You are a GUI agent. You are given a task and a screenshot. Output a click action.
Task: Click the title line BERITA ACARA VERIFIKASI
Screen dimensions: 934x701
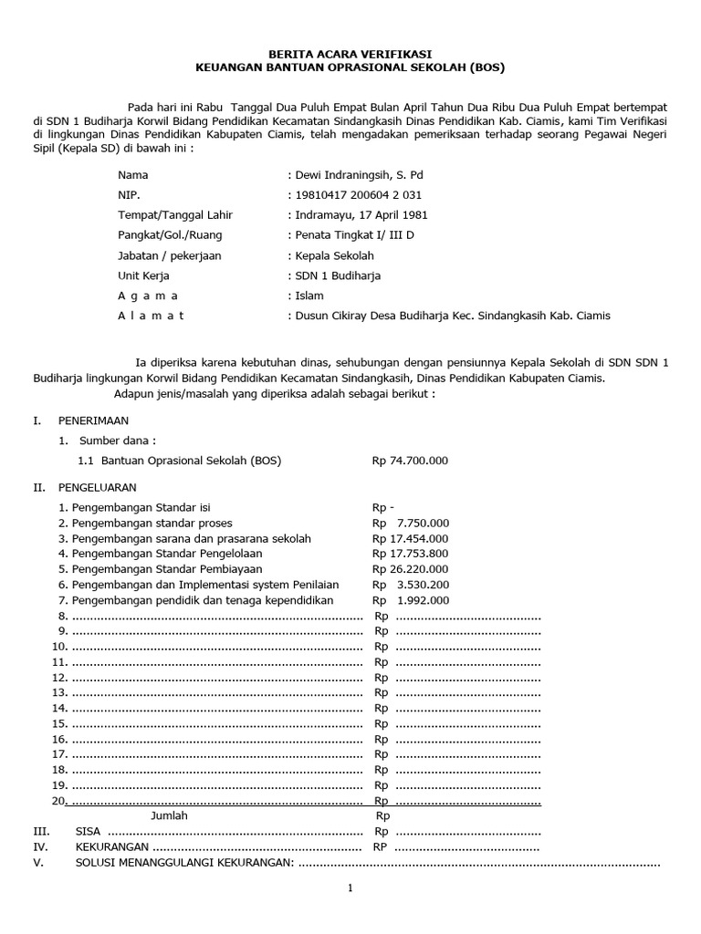click(x=350, y=55)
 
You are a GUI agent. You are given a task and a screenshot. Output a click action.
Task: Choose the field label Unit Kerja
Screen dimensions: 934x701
click(x=143, y=275)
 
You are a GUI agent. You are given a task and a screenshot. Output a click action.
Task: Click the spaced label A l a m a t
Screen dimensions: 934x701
click(x=151, y=316)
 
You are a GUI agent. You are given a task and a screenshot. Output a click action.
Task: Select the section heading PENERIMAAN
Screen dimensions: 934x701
click(x=93, y=420)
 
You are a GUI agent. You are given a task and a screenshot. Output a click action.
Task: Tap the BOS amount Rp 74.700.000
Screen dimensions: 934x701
click(x=410, y=461)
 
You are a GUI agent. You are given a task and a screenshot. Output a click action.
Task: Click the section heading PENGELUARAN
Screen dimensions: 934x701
click(x=97, y=488)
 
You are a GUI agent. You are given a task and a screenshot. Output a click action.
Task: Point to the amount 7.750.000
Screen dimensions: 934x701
click(x=423, y=524)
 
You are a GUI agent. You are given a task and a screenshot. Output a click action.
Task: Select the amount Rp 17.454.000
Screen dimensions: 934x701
click(x=410, y=539)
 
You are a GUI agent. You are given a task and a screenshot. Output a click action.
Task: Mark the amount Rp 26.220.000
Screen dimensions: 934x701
click(x=410, y=570)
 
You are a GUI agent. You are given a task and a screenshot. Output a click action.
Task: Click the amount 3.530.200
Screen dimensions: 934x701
click(x=423, y=586)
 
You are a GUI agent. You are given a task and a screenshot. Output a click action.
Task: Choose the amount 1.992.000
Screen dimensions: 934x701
click(x=423, y=601)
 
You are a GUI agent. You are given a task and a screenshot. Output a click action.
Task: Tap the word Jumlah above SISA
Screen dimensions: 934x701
click(x=169, y=815)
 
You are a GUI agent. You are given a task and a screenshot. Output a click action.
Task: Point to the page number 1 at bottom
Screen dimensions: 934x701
click(x=350, y=889)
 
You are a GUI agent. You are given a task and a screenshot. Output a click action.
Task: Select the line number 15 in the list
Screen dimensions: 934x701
click(x=59, y=723)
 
